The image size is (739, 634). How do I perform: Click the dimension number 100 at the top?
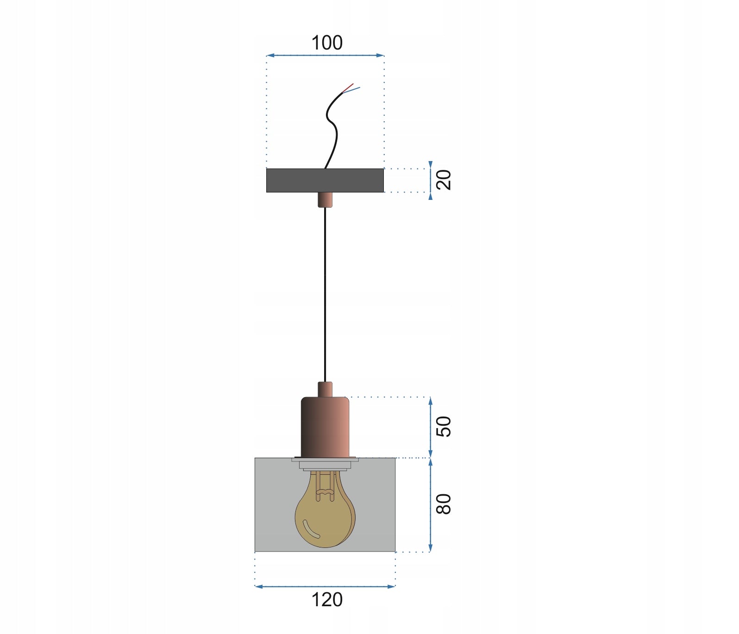(327, 43)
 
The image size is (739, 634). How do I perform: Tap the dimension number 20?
(444, 180)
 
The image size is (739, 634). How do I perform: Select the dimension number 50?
(444, 426)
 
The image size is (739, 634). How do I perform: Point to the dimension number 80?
(444, 504)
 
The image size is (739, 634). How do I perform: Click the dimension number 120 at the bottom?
(327, 600)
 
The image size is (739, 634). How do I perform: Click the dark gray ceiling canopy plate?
(296, 180)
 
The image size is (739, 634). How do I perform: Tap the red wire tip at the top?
(350, 86)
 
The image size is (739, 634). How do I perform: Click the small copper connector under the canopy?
(325, 200)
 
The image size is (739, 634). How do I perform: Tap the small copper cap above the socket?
(325, 389)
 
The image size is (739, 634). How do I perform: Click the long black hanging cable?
(325, 296)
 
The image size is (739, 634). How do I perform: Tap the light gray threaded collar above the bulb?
(325, 464)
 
